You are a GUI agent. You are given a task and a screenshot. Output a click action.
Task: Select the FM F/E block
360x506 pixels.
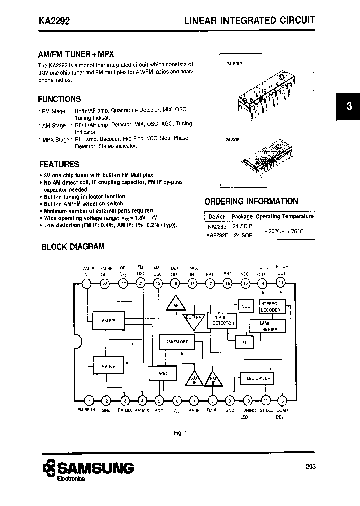pyautogui.click(x=108, y=365)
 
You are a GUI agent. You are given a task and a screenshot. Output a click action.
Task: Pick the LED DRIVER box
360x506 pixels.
pyautogui.click(x=258, y=378)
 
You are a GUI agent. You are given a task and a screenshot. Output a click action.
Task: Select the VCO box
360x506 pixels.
pyautogui.click(x=245, y=306)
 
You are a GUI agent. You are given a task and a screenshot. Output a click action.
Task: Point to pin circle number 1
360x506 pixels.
pyautogui.click(x=89, y=400)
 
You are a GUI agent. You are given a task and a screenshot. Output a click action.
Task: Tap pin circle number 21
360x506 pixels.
pyautogui.click(x=141, y=284)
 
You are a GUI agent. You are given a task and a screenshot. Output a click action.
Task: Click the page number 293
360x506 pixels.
pyautogui.click(x=310, y=467)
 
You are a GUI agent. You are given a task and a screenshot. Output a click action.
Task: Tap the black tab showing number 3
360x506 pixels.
pyautogui.click(x=349, y=106)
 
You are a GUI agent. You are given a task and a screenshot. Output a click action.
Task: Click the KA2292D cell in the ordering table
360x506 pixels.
pyautogui.click(x=218, y=235)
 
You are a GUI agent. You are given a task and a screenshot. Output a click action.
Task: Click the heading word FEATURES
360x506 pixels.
pyautogui.click(x=59, y=164)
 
